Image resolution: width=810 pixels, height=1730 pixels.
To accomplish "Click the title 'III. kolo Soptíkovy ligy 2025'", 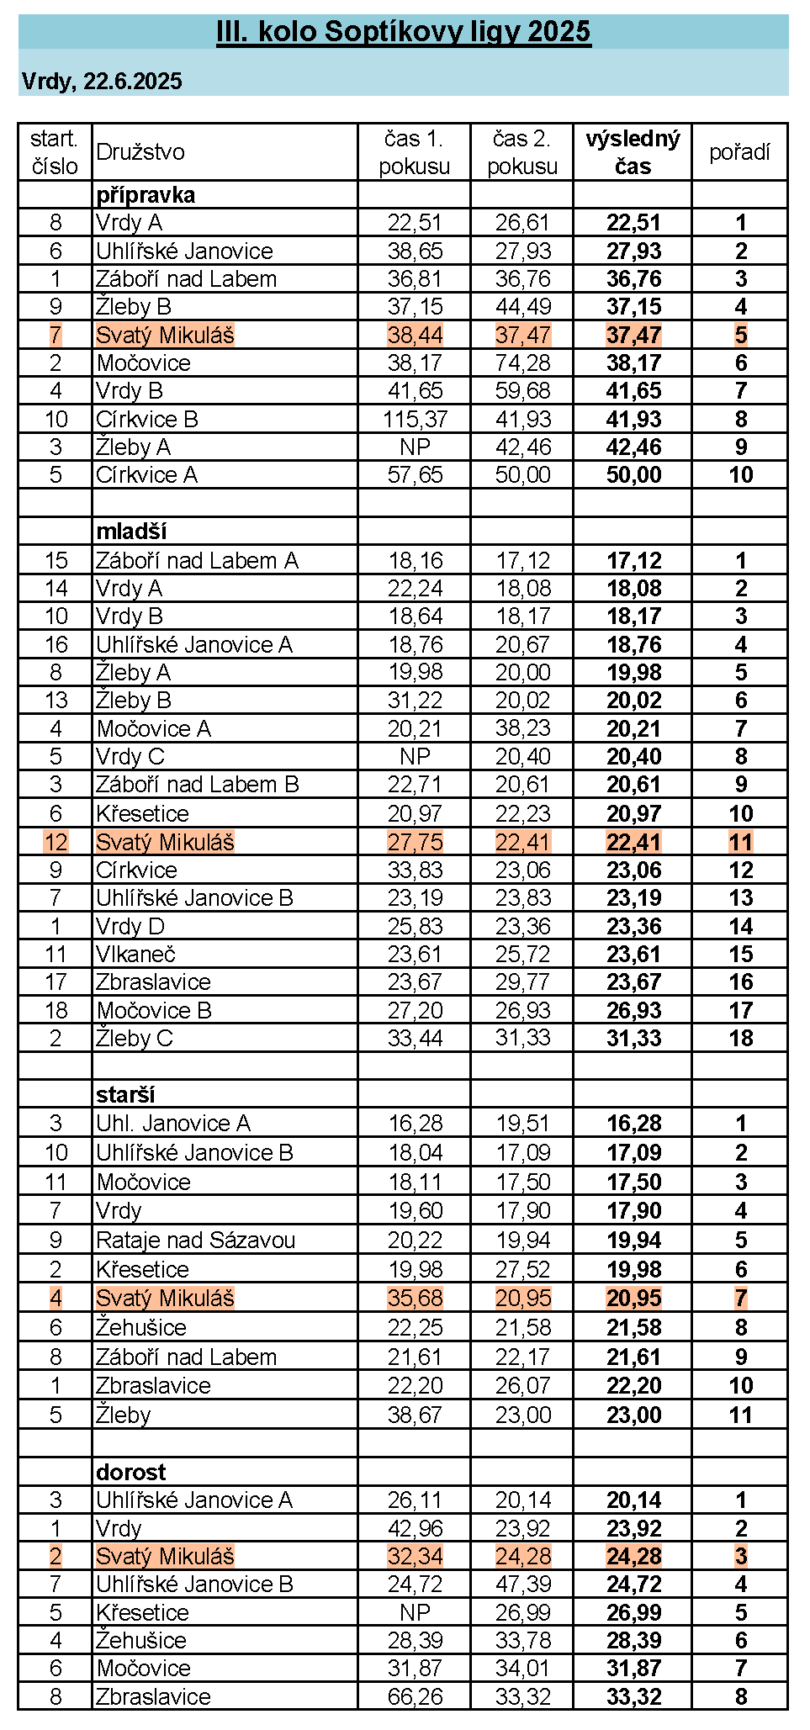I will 404,32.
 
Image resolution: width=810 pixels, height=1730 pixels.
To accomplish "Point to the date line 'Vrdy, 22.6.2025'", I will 102,81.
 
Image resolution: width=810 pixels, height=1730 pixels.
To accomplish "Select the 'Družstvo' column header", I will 140,152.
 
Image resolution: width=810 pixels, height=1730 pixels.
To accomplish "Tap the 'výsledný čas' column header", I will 633,152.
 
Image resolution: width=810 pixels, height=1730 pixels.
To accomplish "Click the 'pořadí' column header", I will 739,152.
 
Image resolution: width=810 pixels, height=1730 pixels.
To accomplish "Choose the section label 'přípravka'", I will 146,195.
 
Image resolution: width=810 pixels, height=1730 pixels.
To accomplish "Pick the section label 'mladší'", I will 131,532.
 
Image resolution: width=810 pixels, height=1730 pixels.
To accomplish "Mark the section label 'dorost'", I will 131,1472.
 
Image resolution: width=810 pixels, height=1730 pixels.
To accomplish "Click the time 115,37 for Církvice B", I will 415,419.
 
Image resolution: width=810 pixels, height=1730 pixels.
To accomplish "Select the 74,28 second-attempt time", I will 522,363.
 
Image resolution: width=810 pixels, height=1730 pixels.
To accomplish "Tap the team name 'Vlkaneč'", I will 135,955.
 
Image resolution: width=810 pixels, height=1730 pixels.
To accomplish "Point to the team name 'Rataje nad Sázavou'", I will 196,1241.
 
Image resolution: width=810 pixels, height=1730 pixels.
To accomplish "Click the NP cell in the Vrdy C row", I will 415,757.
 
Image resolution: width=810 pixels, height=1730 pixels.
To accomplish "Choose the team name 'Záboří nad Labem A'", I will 197,561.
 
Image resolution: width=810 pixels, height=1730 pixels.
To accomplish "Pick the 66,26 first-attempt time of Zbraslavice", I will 415,1696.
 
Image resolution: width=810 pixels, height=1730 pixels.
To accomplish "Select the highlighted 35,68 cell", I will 415,1299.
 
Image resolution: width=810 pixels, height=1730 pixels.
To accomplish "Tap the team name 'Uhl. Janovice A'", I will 173,1124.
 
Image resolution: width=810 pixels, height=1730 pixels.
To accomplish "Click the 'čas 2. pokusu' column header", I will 522,152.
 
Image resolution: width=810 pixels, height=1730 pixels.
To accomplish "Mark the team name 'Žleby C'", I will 135,1039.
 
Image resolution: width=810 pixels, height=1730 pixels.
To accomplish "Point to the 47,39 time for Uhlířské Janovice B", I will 522,1585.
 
